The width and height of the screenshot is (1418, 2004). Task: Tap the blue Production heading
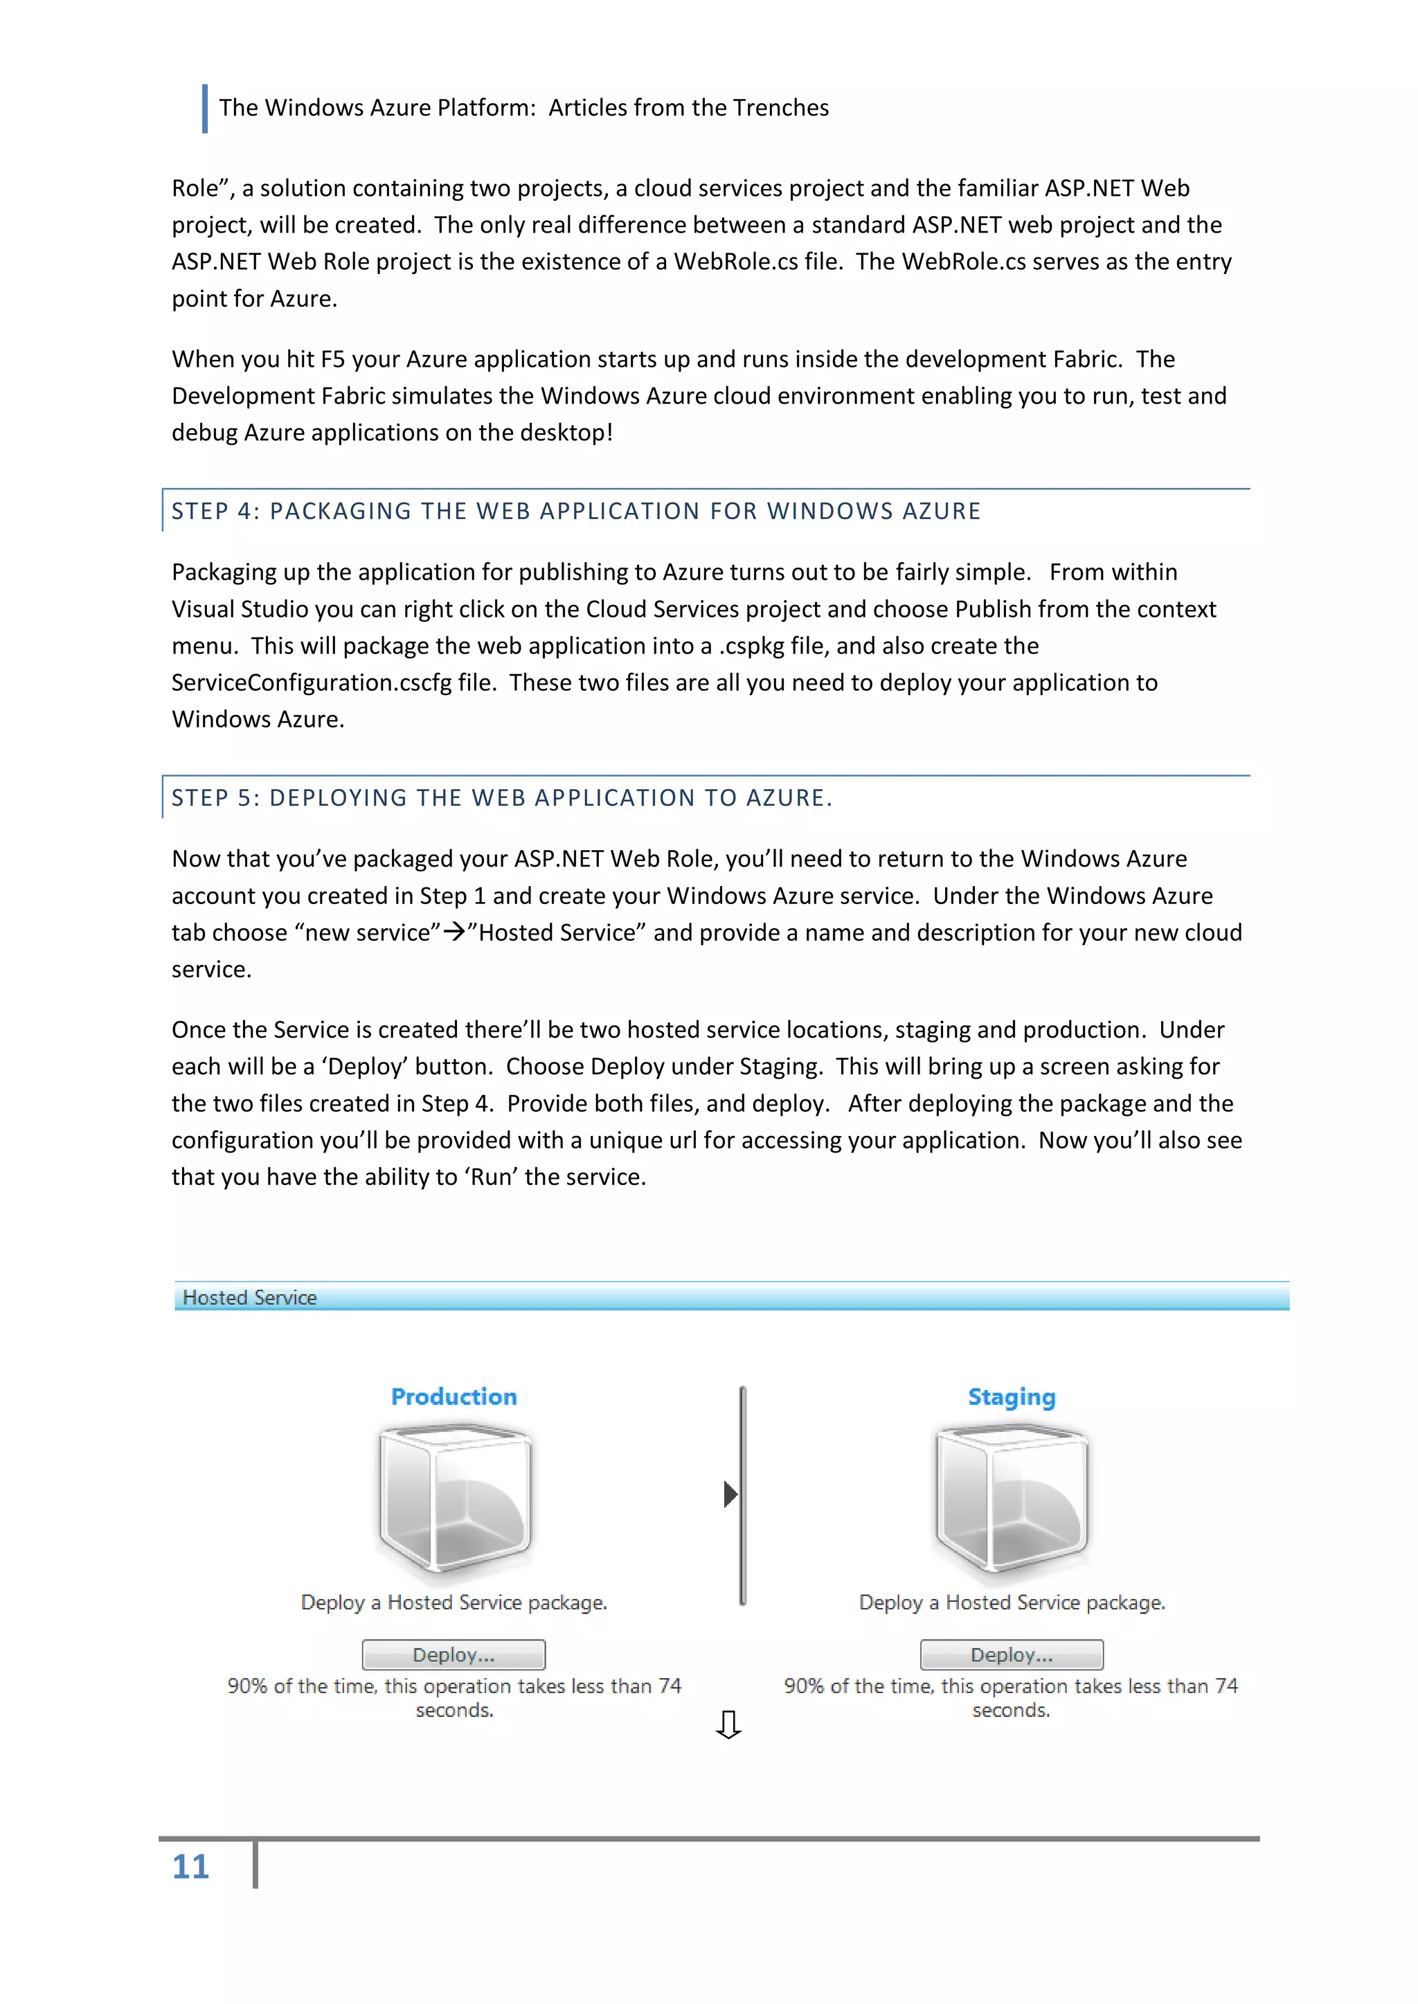coord(454,1396)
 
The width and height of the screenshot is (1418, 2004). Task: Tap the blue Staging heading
coord(1011,1396)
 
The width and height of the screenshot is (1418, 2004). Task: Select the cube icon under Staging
coord(1011,1499)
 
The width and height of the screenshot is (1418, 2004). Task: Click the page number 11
coord(190,1867)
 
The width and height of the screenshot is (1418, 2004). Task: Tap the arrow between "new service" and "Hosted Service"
coord(454,932)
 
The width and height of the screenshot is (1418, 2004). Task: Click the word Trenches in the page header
coord(780,108)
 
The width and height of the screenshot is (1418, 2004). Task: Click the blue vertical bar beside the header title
coord(205,108)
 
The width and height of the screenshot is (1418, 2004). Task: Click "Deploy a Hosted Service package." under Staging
coord(1011,1603)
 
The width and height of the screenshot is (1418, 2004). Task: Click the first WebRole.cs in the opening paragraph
coord(735,262)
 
